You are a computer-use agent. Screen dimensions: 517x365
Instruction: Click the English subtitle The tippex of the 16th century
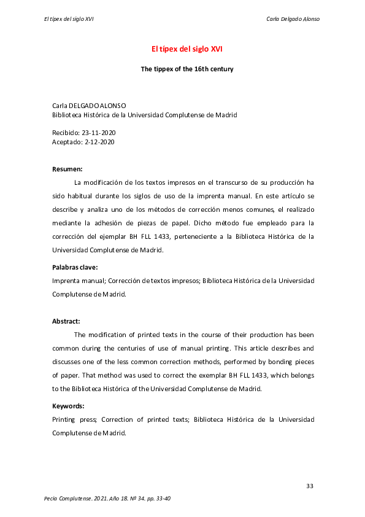[187, 69]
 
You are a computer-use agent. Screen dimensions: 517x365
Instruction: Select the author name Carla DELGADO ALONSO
[89, 106]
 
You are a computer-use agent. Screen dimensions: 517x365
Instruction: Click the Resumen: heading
[67, 168]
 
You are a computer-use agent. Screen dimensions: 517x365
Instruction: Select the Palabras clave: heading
[75, 267]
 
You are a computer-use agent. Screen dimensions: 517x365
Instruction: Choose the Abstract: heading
[66, 321]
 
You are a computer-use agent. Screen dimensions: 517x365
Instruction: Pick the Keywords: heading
[68, 406]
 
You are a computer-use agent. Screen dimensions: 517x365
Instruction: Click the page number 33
[310, 486]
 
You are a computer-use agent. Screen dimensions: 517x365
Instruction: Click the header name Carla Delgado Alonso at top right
[293, 18]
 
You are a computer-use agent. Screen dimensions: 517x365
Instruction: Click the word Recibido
[65, 133]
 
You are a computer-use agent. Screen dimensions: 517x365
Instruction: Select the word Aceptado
[66, 142]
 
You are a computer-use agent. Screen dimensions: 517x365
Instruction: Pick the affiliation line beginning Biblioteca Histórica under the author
[145, 115]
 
